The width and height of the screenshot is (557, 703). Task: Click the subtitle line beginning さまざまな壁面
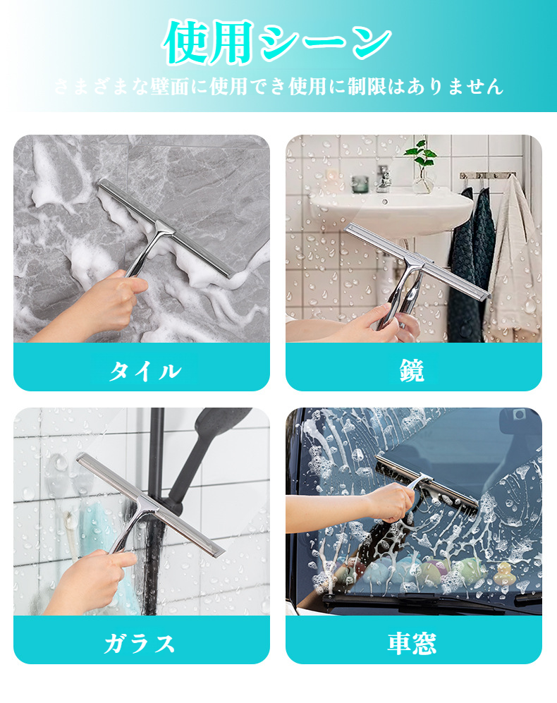pos(278,87)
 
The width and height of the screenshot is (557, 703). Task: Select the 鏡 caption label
pos(413,369)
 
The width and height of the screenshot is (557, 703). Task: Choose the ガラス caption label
pos(142,642)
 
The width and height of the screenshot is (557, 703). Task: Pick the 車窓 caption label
pos(413,642)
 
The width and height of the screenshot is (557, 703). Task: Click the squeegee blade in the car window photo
pos(426,483)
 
